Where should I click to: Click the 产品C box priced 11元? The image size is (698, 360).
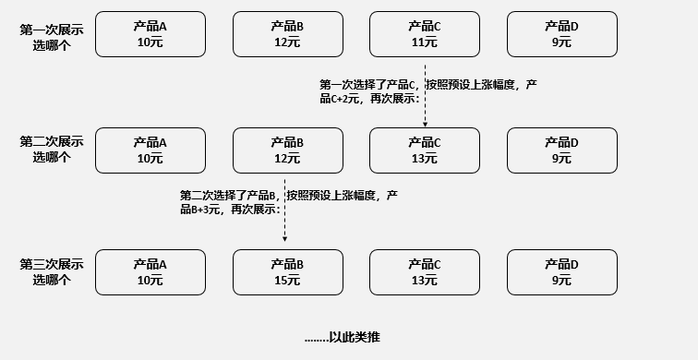[425, 34]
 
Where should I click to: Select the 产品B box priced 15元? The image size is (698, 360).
[287, 272]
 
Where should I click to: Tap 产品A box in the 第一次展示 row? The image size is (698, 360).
[150, 34]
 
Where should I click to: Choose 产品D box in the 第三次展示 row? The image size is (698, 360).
[561, 272]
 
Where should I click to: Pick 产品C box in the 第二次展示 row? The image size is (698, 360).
[425, 150]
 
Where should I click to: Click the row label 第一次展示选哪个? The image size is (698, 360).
[52, 34]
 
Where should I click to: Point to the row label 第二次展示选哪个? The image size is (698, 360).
[52, 150]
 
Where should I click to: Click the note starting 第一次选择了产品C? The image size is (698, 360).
[427, 91]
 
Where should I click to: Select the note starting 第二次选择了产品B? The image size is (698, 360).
[288, 202]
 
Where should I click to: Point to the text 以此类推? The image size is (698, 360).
[343, 338]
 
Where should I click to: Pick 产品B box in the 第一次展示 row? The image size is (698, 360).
[287, 34]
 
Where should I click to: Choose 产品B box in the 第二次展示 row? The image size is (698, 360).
[287, 150]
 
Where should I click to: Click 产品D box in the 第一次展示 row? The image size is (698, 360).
[561, 34]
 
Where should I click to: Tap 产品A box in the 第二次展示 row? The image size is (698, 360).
[150, 150]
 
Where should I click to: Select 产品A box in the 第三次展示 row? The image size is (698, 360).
[150, 272]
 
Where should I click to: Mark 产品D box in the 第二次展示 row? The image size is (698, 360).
[561, 150]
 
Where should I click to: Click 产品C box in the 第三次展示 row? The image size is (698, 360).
[425, 272]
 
